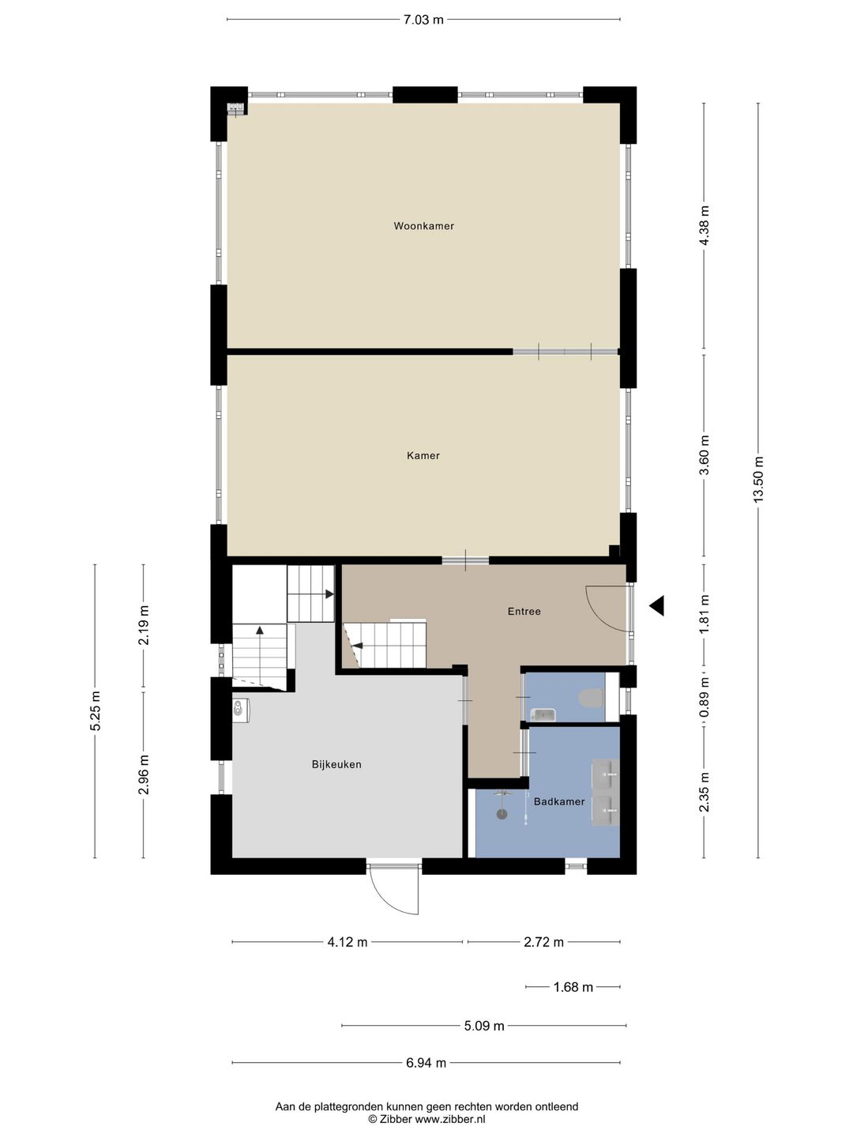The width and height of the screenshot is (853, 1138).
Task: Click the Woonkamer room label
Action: click(x=423, y=226)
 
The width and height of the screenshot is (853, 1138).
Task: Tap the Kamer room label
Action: click(x=423, y=455)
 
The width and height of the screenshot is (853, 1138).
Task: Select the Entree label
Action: click(x=524, y=611)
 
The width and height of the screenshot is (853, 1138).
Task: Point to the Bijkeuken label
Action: click(x=336, y=764)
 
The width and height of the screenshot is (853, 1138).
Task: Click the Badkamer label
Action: click(x=559, y=801)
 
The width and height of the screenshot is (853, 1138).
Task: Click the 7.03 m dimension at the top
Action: click(x=423, y=20)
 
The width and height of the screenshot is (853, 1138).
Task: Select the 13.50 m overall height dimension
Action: click(x=758, y=480)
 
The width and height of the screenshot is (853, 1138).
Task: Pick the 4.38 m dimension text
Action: click(x=705, y=225)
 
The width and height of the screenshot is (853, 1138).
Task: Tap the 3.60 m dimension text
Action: click(x=705, y=455)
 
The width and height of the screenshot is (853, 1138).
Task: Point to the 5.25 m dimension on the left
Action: click(x=95, y=711)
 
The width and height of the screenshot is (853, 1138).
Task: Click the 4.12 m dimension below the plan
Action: click(x=348, y=942)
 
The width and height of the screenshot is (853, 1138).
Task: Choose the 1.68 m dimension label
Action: click(x=573, y=987)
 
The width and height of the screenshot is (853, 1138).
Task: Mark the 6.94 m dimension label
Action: click(x=426, y=1063)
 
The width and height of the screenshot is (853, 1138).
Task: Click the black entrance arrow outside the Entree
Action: click(x=656, y=606)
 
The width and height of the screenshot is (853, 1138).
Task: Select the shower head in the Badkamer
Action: click(x=501, y=812)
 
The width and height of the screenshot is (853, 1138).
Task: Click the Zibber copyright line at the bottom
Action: click(x=426, y=1119)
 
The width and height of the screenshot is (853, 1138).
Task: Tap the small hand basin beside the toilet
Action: click(x=543, y=715)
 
